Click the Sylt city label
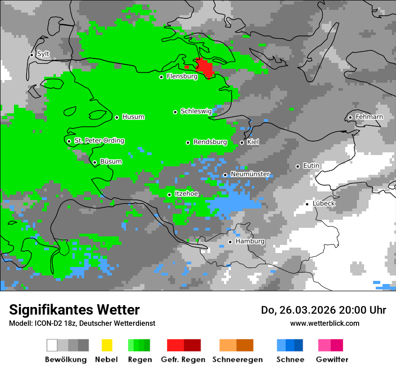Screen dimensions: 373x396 click(x=43, y=54)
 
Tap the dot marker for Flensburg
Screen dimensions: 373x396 click(x=161, y=77)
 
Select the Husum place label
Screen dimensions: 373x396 click(x=133, y=117)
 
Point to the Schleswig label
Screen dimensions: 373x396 click(x=196, y=111)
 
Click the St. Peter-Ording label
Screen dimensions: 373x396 click(x=99, y=141)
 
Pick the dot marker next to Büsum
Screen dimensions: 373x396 click(x=94, y=162)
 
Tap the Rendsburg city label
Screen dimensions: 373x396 click(x=210, y=142)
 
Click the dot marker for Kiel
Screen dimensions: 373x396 click(x=242, y=142)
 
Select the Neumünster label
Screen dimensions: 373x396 click(x=250, y=174)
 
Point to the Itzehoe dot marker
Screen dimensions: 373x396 click(x=169, y=195)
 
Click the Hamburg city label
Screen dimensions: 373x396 click(x=250, y=241)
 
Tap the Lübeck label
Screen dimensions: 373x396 click(x=324, y=204)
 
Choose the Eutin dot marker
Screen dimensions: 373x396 click(x=297, y=166)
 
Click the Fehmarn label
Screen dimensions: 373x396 click(x=369, y=117)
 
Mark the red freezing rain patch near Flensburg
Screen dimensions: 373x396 click(x=206, y=67)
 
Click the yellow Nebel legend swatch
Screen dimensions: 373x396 click(x=107, y=345)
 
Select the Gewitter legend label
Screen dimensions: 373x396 click(x=332, y=360)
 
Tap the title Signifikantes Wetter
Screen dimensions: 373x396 click(x=74, y=310)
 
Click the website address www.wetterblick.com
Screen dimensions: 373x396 click(x=324, y=323)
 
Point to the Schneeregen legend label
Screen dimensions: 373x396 click(x=238, y=360)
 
